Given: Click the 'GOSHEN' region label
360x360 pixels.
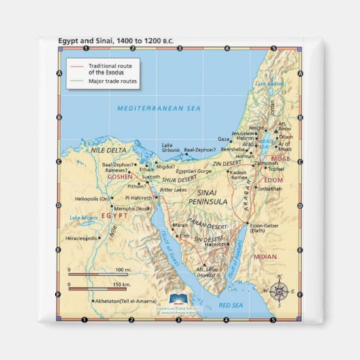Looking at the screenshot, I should click(120, 175).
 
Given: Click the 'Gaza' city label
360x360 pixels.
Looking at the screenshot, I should click(223, 139).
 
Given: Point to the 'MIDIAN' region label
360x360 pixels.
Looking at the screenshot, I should click(265, 257).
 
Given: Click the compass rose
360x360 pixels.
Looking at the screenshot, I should click(279, 290).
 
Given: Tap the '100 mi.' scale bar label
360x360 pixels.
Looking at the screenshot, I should click(123, 269).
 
